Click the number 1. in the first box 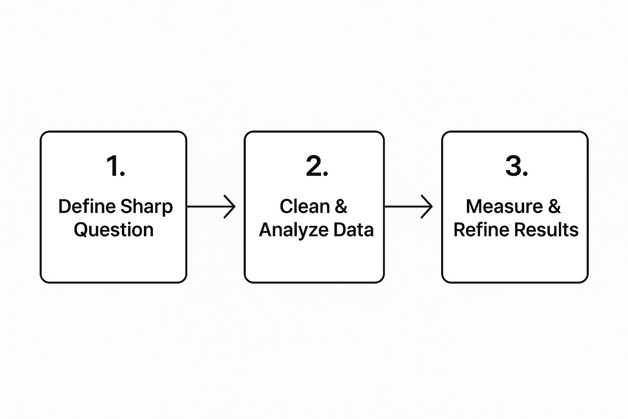pyautogui.click(x=115, y=167)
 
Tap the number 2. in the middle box pyautogui.click(x=317, y=167)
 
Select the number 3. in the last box pyautogui.click(x=516, y=167)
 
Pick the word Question pyautogui.click(x=114, y=230)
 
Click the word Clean pyautogui.click(x=305, y=206)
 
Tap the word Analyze pyautogui.click(x=294, y=230)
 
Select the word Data pyautogui.click(x=353, y=230)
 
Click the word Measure pyautogui.click(x=504, y=206)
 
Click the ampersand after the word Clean pyautogui.click(x=341, y=206)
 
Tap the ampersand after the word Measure pyautogui.click(x=554, y=206)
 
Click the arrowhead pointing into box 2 pyautogui.click(x=231, y=207)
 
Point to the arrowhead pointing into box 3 pyautogui.click(x=428, y=207)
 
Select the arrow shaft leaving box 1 pyautogui.click(x=206, y=207)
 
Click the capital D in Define pyautogui.click(x=64, y=206)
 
